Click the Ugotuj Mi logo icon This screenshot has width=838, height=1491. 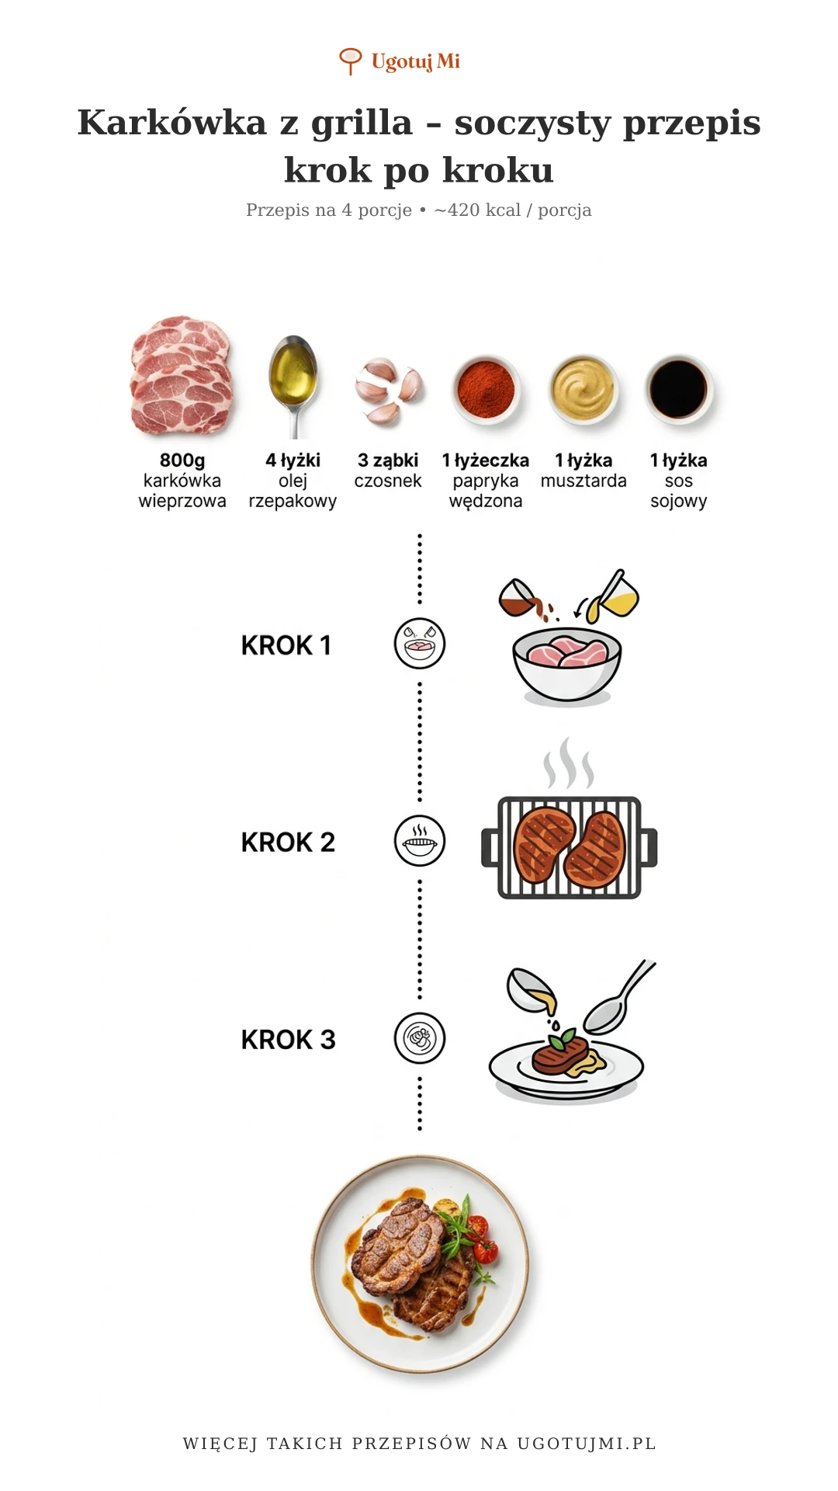351,61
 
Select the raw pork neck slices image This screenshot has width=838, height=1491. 182,375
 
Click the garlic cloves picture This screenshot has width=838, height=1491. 388,391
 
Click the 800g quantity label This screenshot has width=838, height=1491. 182,461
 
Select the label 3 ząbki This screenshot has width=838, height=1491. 388,461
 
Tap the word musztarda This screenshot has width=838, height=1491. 583,481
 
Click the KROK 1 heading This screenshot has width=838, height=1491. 286,645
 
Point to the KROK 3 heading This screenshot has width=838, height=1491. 288,1040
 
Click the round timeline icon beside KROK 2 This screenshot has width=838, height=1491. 420,841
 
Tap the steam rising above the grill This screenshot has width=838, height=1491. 569,763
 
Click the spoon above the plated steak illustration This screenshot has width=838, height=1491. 619,998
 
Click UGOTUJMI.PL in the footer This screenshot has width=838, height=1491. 587,1444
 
